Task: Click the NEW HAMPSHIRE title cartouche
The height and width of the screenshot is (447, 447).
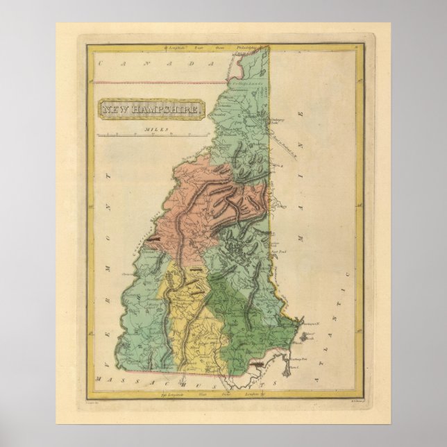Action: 153,110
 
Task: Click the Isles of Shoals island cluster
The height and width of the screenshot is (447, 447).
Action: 309,341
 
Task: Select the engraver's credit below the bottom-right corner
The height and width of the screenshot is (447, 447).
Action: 345,401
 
